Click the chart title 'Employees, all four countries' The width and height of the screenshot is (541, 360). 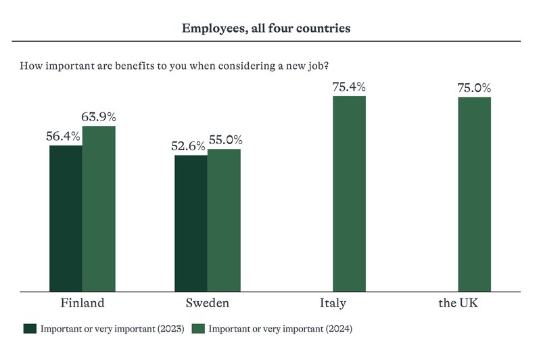coord(266,28)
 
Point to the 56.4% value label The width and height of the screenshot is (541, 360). coord(63,136)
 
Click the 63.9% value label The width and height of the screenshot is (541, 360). coord(99,116)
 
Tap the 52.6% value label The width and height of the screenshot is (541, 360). coord(189,145)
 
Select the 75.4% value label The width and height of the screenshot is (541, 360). coord(349,87)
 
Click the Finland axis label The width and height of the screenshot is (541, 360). coord(83,302)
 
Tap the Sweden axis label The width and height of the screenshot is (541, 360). coord(207,302)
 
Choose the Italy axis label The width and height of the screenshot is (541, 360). coord(333,302)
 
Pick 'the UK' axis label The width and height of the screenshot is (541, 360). coord(457,302)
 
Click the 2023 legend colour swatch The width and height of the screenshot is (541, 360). coord(29,329)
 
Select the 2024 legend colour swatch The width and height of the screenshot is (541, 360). coord(198,329)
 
